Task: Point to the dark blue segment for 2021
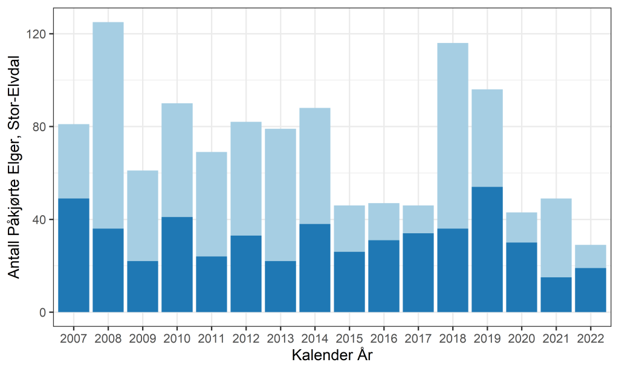[x=556, y=294]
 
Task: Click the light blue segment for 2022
[x=591, y=256]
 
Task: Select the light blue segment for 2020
[x=522, y=227]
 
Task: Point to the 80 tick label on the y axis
[x=41, y=127]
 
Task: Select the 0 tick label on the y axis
[x=44, y=312]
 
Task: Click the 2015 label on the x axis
[x=349, y=338]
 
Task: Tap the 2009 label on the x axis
[x=143, y=338]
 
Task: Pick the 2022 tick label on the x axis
[x=591, y=338]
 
